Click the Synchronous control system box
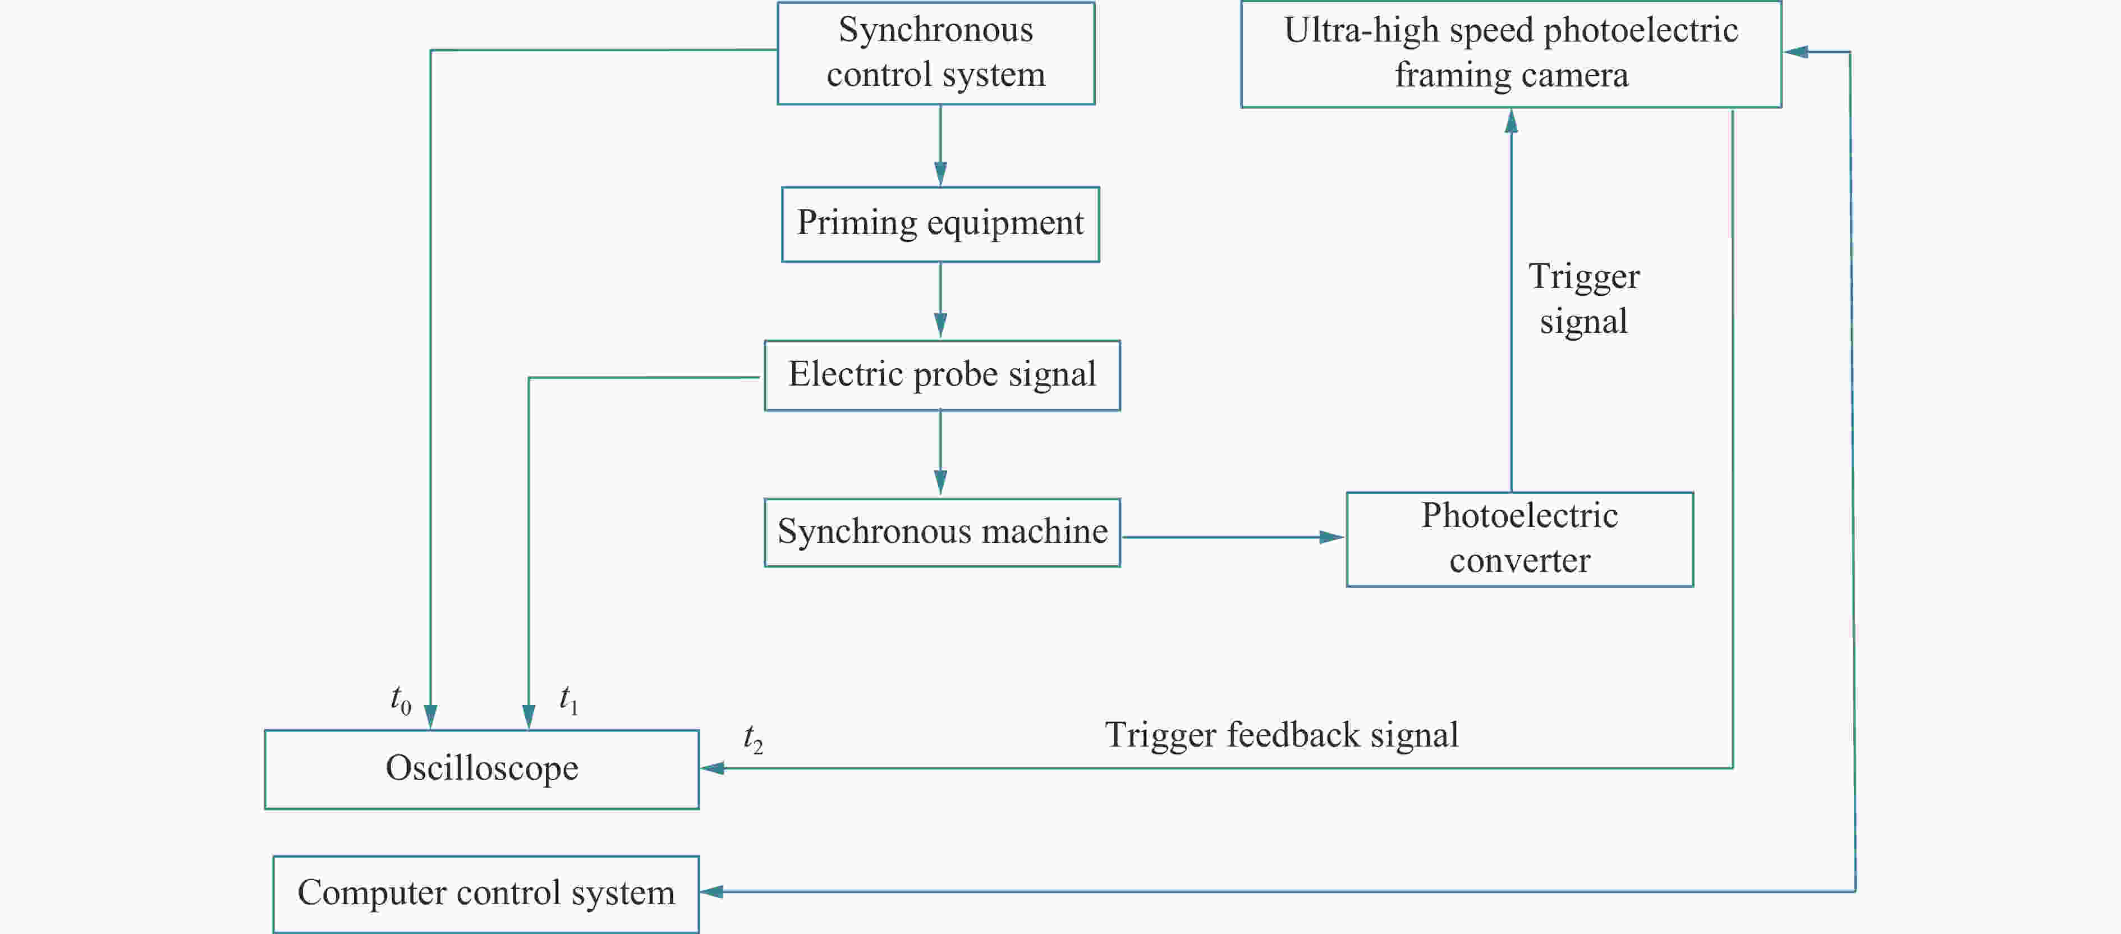935,53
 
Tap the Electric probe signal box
942,376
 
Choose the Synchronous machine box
942,532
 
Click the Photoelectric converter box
1519,539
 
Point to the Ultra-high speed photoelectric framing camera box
1511,53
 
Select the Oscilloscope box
481,768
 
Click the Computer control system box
486,894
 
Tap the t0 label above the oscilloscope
400,700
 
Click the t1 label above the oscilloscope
568,700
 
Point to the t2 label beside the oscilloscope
752,739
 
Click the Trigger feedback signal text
1281,735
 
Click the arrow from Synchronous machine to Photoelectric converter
1233,537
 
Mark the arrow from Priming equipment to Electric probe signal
940,301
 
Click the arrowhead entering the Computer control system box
711,891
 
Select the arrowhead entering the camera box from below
1511,122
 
